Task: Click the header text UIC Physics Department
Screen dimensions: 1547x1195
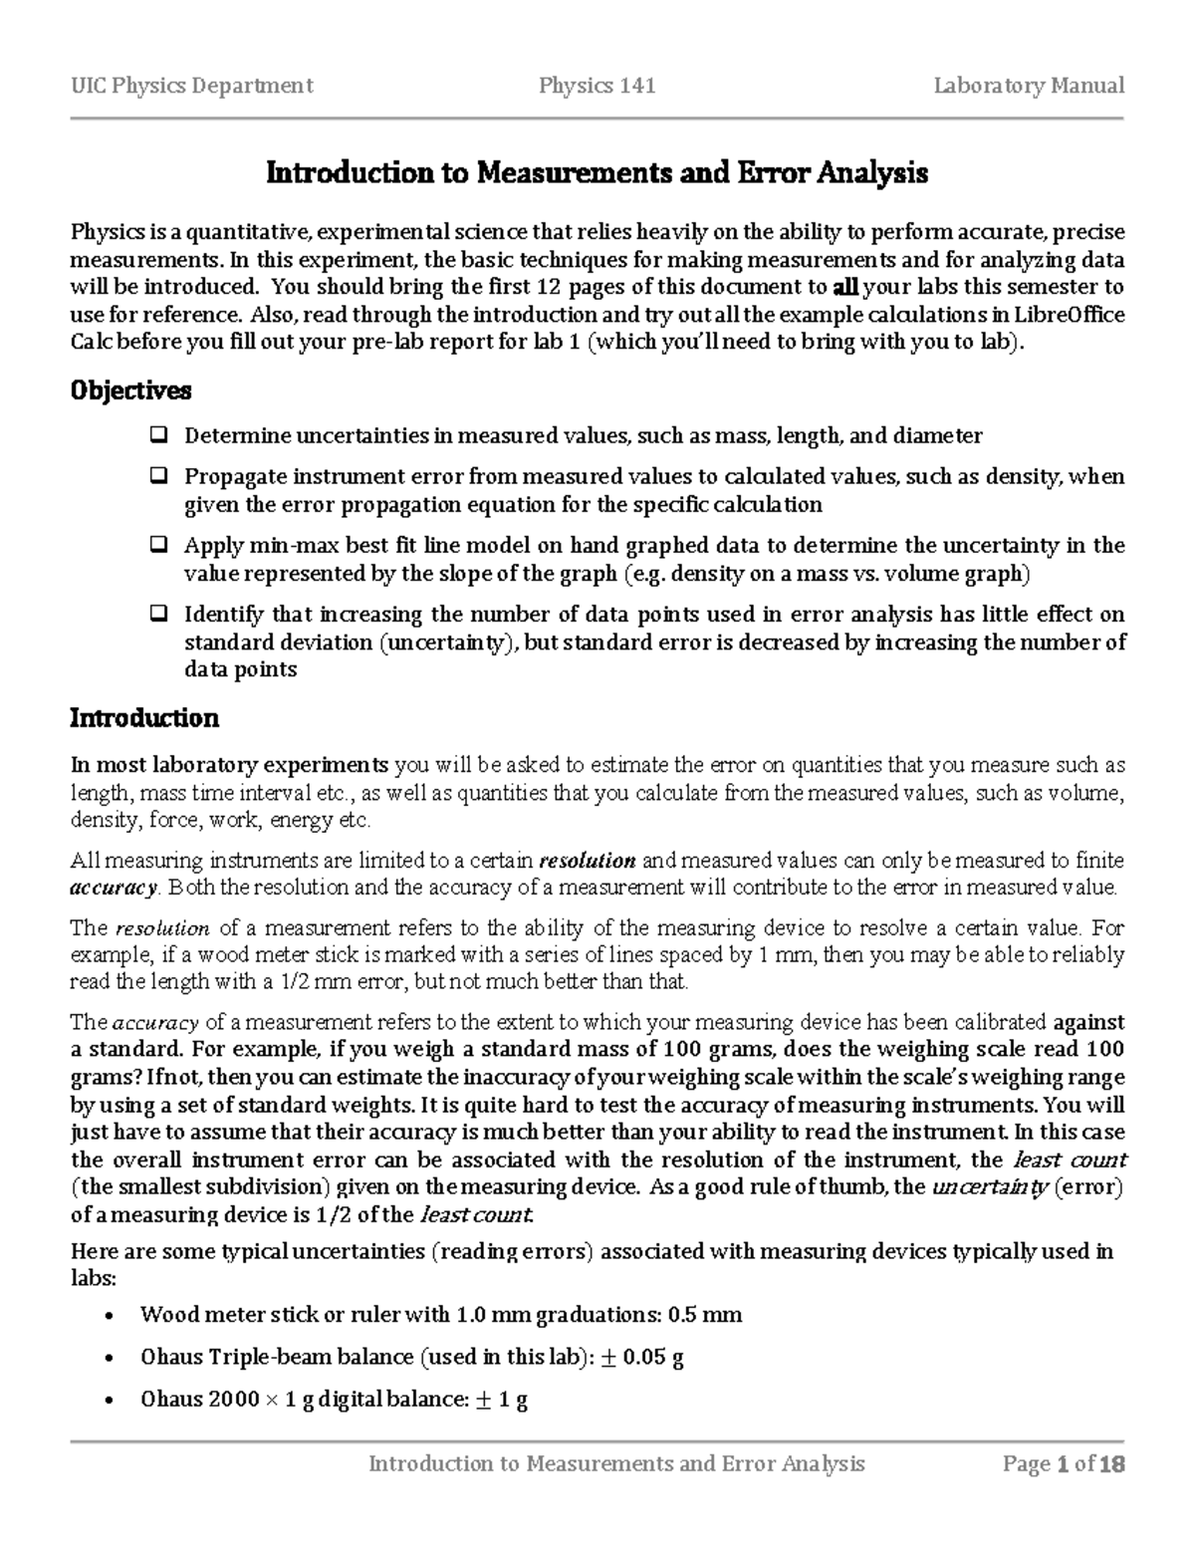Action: coord(191,86)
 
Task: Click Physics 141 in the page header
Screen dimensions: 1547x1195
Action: coord(597,86)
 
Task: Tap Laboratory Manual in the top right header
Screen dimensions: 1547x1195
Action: coord(1029,86)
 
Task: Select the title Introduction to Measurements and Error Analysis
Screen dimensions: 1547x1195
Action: coord(597,173)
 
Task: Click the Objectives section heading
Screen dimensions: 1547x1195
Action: coord(129,390)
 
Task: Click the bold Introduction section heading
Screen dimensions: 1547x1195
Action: coord(143,718)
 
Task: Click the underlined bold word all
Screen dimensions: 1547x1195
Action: coord(843,288)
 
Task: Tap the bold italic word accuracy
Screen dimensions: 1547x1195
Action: coord(114,888)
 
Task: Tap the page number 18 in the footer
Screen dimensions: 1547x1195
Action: coord(1112,1463)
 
